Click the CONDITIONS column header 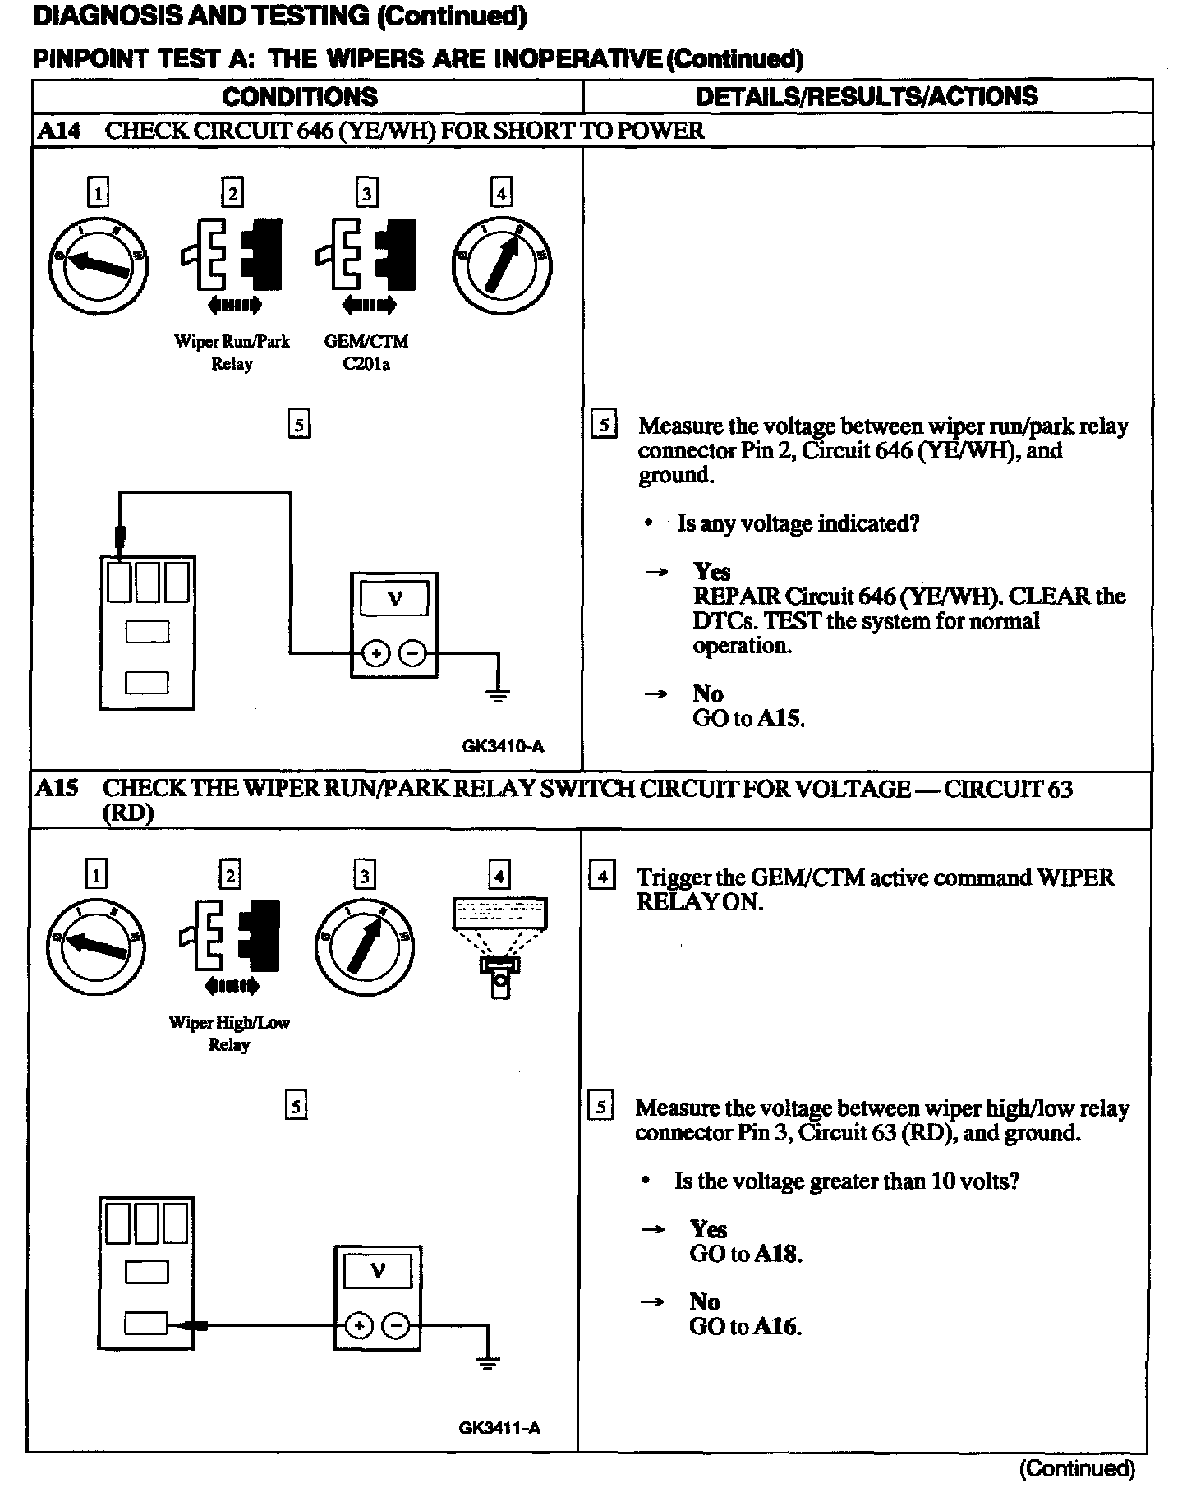(x=300, y=97)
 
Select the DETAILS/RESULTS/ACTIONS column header (x=867, y=96)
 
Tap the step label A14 (x=60, y=131)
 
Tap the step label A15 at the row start (x=57, y=789)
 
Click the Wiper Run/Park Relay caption (x=232, y=352)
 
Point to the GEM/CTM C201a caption (x=366, y=352)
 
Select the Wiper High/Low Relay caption (x=229, y=1034)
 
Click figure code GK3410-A (x=503, y=747)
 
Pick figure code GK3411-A (x=499, y=1427)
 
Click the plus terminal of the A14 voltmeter (x=376, y=654)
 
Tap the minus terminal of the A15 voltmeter (x=396, y=1326)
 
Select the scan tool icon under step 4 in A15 (x=499, y=945)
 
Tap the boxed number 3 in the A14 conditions (x=366, y=193)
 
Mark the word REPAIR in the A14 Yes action (x=735, y=596)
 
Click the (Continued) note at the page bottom (x=1077, y=1468)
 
